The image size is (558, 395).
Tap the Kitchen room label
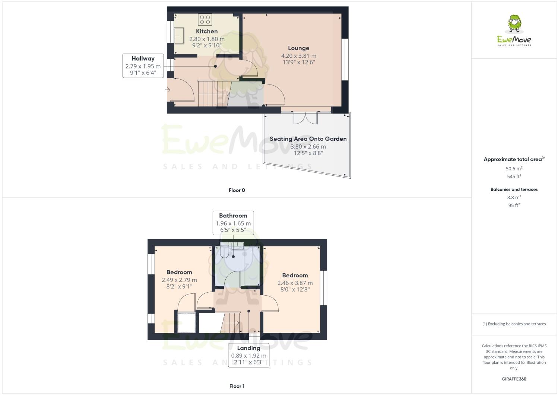click(x=207, y=31)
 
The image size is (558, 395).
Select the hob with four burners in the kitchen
click(x=205, y=19)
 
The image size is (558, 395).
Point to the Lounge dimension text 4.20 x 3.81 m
click(x=299, y=56)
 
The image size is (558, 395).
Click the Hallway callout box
click(x=143, y=66)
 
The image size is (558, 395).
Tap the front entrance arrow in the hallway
click(x=168, y=90)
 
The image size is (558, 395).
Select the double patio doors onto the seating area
click(x=305, y=117)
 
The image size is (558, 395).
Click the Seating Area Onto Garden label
click(x=308, y=139)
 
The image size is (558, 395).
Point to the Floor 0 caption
click(x=237, y=190)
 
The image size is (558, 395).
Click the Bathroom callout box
click(x=233, y=223)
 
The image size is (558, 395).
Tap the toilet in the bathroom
click(x=224, y=253)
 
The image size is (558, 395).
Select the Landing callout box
click(x=248, y=355)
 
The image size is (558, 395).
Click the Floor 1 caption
click(x=237, y=386)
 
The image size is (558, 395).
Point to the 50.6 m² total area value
click(x=514, y=168)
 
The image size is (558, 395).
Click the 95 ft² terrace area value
click(x=514, y=205)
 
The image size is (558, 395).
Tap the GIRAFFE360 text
click(x=514, y=379)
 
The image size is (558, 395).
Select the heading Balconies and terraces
click(x=514, y=189)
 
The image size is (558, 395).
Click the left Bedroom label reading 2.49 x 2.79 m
click(x=179, y=280)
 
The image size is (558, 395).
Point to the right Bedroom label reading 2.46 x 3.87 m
click(x=295, y=283)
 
